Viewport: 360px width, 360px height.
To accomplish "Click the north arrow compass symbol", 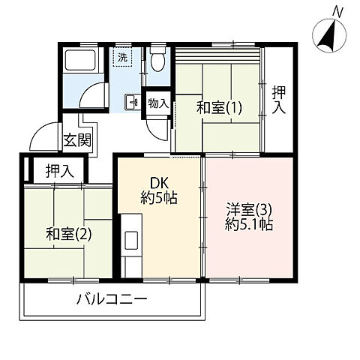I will [327, 35].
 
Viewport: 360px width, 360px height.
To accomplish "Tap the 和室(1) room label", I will [217, 107].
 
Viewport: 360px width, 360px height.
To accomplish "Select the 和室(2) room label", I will [68, 233].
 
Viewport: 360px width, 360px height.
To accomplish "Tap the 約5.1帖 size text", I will [249, 223].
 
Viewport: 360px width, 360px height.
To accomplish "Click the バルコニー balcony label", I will [111, 301].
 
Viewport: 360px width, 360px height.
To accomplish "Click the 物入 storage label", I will [157, 103].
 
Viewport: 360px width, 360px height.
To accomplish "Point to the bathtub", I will [79, 60].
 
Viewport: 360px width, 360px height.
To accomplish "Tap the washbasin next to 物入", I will [130, 102].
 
